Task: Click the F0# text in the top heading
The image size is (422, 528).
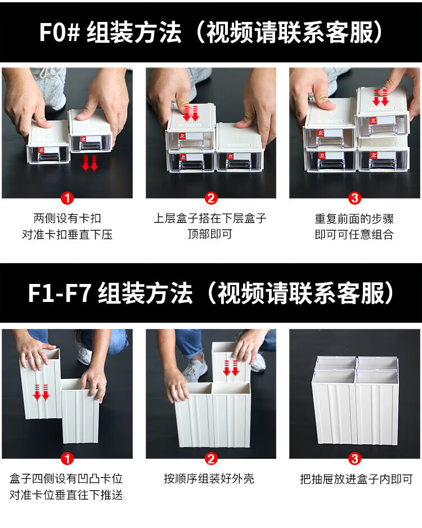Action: point(60,32)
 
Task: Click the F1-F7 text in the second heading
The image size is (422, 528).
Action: point(59,293)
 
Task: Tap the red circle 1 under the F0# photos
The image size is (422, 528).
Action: point(67,198)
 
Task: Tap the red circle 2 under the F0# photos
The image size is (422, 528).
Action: point(211,198)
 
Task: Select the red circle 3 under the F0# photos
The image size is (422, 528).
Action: point(354,198)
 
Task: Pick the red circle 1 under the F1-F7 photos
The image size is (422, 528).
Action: point(67,459)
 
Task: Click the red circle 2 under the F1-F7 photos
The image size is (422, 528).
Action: point(211,459)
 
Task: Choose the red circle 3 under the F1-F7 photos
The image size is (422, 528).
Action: point(354,459)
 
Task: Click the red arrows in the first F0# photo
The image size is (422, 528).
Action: point(90,163)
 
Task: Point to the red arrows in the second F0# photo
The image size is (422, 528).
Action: point(191,114)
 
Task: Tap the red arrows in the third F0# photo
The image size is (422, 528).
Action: point(381,97)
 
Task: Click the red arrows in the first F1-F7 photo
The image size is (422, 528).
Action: point(41,392)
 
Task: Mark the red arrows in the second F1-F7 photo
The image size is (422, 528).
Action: point(231,368)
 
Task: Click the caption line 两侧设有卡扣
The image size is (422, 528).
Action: point(68,218)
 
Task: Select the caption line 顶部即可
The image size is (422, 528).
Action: point(210,234)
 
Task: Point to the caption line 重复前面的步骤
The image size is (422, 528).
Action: point(354,219)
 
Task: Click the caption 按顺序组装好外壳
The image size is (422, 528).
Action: point(209,479)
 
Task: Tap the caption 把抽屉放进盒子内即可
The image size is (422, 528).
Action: point(356,479)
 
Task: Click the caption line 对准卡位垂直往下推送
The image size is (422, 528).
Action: point(66,495)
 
